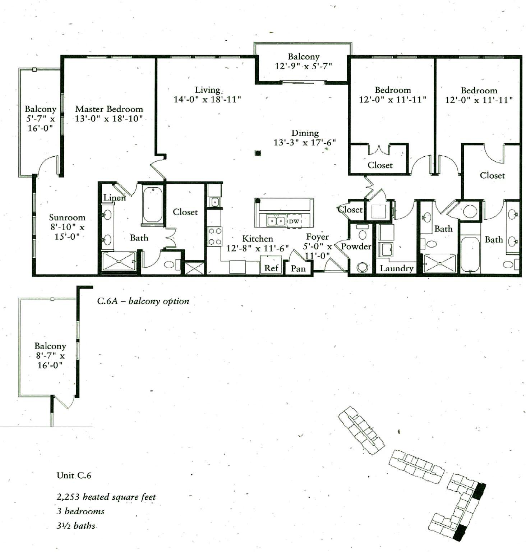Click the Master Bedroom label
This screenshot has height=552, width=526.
click(109, 109)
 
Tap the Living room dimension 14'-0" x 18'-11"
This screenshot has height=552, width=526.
click(207, 100)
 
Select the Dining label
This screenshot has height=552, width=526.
click(305, 133)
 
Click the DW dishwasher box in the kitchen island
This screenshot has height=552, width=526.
click(294, 221)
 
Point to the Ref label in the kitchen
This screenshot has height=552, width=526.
click(271, 268)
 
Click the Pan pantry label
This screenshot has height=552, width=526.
click(298, 268)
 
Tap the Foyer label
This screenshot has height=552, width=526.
click(317, 237)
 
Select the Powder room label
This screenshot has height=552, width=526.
click(356, 247)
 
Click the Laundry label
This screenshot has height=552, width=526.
click(396, 268)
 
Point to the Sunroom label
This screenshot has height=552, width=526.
click(67, 217)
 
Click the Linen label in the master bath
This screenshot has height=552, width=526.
click(115, 197)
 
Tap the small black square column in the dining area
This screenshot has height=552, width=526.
click(258, 153)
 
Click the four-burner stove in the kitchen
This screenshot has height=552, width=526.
click(215, 236)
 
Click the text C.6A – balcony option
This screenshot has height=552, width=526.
click(143, 301)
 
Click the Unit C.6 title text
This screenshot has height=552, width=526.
click(74, 475)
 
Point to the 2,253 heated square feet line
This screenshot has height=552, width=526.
click(106, 497)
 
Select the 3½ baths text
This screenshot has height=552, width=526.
click(76, 526)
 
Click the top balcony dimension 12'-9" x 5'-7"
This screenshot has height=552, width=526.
click(303, 66)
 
